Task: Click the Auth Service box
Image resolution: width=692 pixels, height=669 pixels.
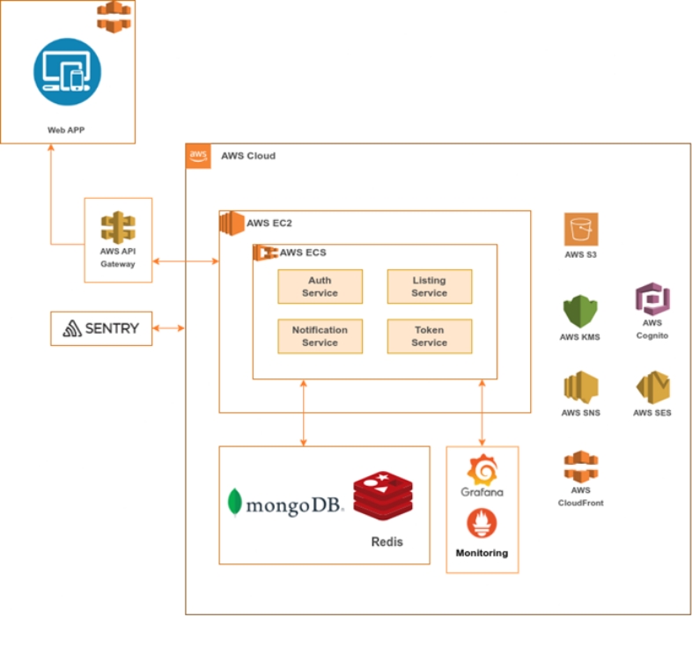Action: (x=320, y=286)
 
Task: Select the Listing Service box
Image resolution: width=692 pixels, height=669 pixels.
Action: (x=429, y=286)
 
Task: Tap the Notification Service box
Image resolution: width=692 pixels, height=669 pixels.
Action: (x=320, y=336)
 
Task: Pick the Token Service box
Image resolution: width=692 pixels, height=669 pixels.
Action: (x=429, y=336)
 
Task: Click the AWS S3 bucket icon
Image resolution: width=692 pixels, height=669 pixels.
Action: (x=581, y=230)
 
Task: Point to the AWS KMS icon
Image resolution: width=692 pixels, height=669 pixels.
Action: (x=580, y=312)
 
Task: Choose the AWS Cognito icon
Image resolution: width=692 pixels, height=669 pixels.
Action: (x=652, y=300)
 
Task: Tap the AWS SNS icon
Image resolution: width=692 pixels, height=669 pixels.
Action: (x=581, y=388)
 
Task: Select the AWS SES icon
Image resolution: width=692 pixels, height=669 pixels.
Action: (x=652, y=388)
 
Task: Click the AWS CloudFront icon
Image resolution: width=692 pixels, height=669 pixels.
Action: (x=581, y=467)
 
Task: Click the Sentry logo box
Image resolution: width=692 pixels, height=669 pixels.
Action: (x=101, y=328)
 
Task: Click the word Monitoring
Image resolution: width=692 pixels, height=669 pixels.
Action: (x=482, y=553)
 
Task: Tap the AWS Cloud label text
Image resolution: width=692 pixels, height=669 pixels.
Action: (x=248, y=156)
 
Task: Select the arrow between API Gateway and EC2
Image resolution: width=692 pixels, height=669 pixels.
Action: (x=186, y=261)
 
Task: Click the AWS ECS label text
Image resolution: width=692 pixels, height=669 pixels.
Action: (x=303, y=253)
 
